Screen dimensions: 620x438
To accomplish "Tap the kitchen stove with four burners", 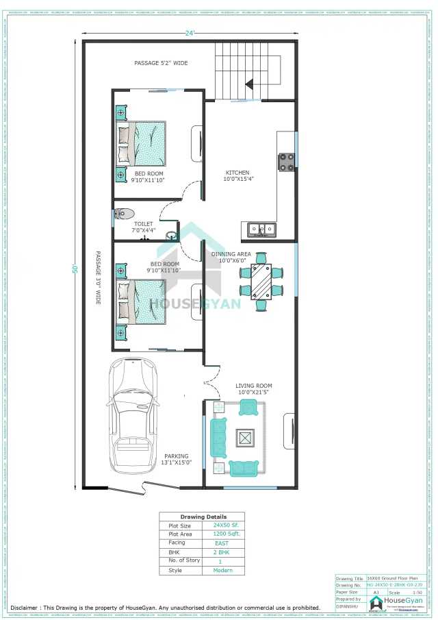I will [x=285, y=162].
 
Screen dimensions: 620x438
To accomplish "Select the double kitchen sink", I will [x=262, y=229].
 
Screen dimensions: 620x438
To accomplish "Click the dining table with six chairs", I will [x=261, y=281].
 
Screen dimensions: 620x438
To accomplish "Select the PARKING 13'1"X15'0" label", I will [x=176, y=459].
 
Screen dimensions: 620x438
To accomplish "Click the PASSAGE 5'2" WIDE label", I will [x=161, y=63].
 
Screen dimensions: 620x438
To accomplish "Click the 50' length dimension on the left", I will [x=76, y=268].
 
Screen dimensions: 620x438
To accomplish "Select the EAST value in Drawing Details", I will [x=221, y=543].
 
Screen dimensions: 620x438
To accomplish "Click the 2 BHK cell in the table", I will [x=221, y=551].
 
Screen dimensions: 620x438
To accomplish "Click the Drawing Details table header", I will [x=203, y=517].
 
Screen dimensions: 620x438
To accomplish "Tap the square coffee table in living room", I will [x=244, y=436].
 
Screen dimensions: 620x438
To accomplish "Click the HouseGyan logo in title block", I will [x=397, y=603].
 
